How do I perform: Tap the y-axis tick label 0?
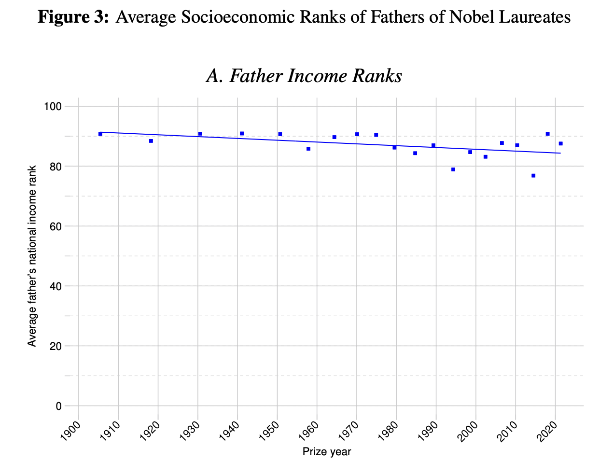(59, 406)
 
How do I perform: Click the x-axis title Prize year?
(327, 452)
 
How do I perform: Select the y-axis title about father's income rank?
(32, 256)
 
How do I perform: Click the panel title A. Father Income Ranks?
(304, 76)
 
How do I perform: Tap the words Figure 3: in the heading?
(74, 18)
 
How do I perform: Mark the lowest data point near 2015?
(533, 176)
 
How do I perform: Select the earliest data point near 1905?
(100, 134)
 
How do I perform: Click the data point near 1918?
(151, 141)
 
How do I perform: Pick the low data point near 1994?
(453, 169)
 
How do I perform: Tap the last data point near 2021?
(560, 143)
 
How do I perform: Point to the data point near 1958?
(308, 149)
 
